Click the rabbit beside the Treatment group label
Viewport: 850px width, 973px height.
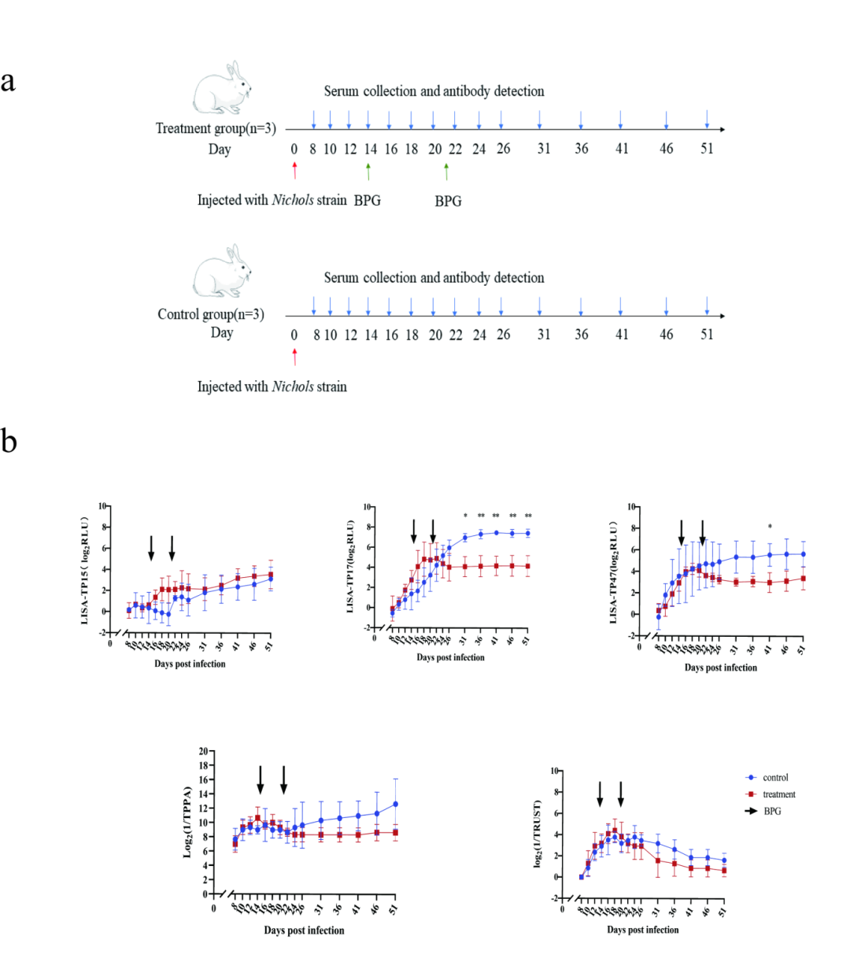pyautogui.click(x=222, y=88)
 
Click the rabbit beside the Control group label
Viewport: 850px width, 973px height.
pyautogui.click(x=222, y=272)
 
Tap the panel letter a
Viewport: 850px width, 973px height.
pyautogui.click(x=9, y=81)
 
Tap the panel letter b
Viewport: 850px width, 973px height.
pyautogui.click(x=9, y=442)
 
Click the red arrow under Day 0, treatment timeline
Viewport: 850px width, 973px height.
pyautogui.click(x=294, y=170)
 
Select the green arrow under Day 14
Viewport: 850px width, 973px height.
pyautogui.click(x=368, y=170)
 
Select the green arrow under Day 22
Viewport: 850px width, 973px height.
pyautogui.click(x=446, y=170)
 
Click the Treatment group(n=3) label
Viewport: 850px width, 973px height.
pyautogui.click(x=216, y=128)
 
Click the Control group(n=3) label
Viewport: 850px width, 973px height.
pyautogui.click(x=211, y=314)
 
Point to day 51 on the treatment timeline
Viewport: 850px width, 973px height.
pyautogui.click(x=707, y=149)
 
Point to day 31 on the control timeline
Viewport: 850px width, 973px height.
pyautogui.click(x=544, y=335)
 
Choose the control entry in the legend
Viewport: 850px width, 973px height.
pyautogui.click(x=775, y=778)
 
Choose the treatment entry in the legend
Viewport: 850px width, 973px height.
pyautogui.click(x=778, y=794)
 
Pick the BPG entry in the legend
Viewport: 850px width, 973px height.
pyautogui.click(x=772, y=811)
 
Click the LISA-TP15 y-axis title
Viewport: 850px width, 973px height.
pyautogui.click(x=84, y=570)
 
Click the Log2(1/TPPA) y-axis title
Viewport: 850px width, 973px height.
pyautogui.click(x=187, y=822)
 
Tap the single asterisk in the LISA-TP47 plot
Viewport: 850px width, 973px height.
pyautogui.click(x=770, y=527)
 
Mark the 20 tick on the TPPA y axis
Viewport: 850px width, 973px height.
pyautogui.click(x=203, y=751)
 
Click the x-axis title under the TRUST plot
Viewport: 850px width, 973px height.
pyautogui.click(x=642, y=930)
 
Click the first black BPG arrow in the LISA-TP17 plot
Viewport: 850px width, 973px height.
pyautogui.click(x=414, y=531)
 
